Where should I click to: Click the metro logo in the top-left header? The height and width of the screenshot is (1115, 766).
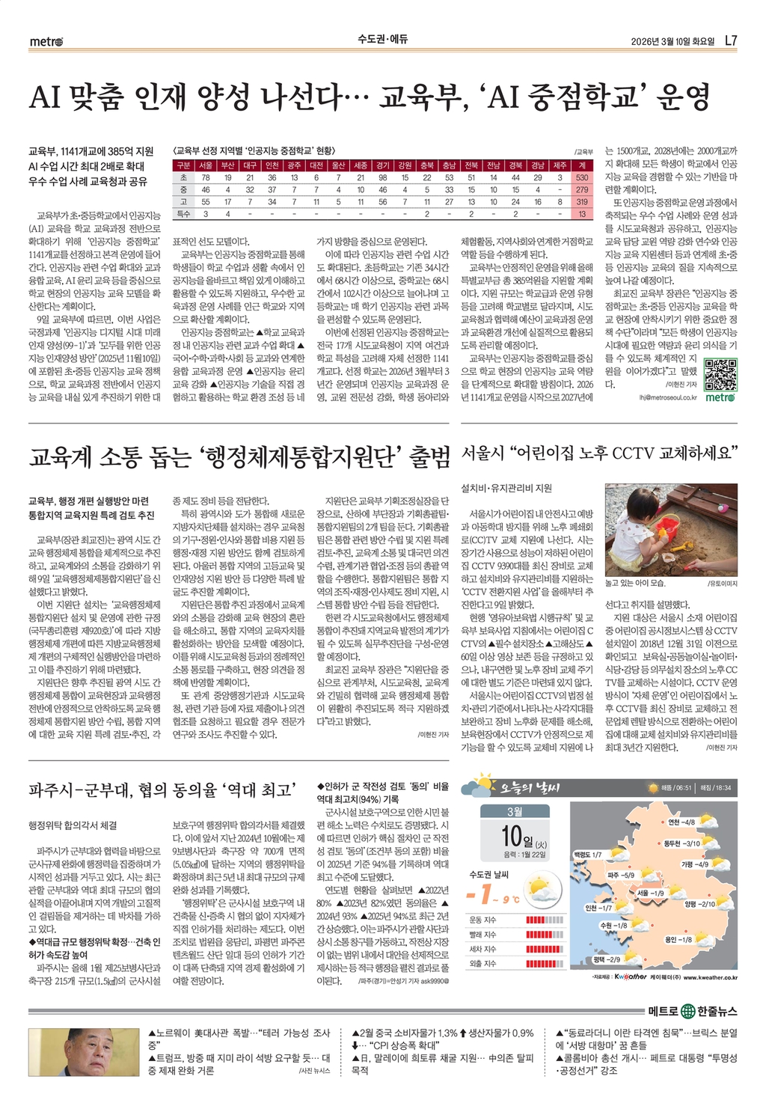tap(46, 41)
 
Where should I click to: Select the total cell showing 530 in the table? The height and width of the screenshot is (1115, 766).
tap(582, 177)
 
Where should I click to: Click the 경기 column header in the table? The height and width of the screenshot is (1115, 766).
tap(382, 165)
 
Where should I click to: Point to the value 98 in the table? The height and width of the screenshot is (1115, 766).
tap(382, 177)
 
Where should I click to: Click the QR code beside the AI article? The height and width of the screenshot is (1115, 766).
tap(720, 374)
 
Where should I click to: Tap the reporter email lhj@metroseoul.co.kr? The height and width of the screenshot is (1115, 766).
tap(667, 398)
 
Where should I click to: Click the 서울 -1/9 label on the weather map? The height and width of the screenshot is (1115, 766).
tap(650, 893)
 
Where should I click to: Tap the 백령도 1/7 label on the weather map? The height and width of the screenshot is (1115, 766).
tap(587, 854)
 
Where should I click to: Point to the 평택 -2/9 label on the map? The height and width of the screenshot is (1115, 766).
tap(606, 959)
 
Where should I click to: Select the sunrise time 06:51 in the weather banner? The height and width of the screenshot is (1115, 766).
tap(682, 788)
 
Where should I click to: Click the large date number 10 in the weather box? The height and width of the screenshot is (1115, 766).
tap(511, 834)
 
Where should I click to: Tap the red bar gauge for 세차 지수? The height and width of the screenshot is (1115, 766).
tap(545, 949)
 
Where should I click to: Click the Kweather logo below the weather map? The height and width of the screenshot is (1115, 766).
tap(630, 977)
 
